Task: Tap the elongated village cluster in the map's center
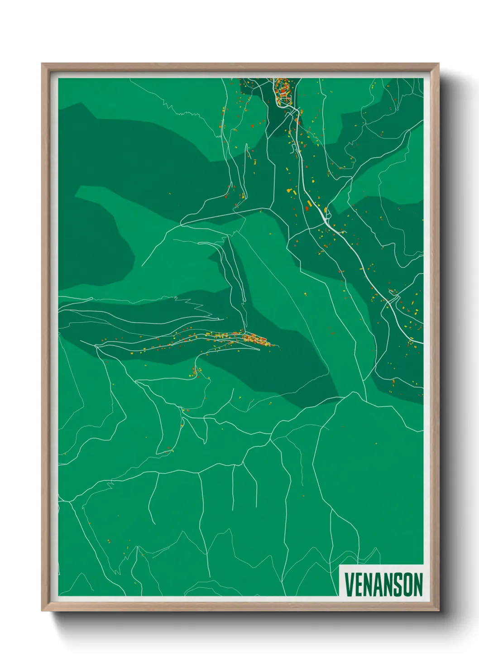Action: coord(254,338)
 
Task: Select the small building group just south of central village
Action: coord(196,372)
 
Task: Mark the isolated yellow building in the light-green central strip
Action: coord(305,294)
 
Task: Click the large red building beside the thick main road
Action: coord(307,209)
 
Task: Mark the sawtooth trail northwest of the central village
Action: coord(199,308)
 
